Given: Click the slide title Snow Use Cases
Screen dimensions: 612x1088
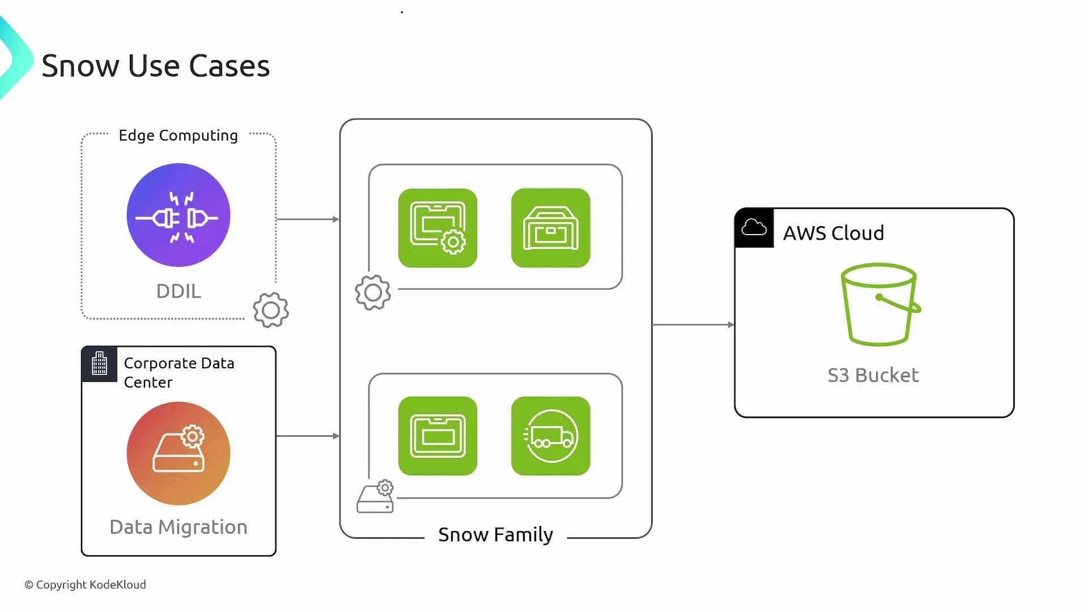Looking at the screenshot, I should click(x=155, y=66).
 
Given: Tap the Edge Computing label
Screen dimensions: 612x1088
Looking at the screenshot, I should click(x=178, y=135).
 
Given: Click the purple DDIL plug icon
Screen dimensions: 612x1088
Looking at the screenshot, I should click(x=178, y=215).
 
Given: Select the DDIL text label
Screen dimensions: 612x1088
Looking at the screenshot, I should click(x=178, y=291).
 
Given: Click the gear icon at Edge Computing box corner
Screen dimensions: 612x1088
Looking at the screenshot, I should click(x=271, y=310).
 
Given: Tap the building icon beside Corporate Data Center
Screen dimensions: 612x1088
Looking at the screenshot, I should click(x=100, y=363).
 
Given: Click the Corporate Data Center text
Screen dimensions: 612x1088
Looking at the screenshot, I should click(x=178, y=372).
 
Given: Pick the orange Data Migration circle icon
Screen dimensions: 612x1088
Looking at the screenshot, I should click(x=178, y=453).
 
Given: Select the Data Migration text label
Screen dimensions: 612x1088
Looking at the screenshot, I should click(x=178, y=527).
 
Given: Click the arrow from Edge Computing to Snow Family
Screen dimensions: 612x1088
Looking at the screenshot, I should click(x=308, y=219).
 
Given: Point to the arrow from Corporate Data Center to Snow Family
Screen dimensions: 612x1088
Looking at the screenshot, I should click(x=308, y=436).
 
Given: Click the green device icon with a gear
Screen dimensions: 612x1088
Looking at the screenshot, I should click(x=437, y=228).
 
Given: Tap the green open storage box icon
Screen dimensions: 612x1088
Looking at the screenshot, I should click(x=550, y=228).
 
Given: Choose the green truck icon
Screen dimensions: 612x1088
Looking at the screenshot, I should click(x=550, y=436).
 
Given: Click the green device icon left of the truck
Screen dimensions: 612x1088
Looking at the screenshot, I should click(x=437, y=436).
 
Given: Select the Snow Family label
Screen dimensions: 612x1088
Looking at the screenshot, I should click(x=495, y=534).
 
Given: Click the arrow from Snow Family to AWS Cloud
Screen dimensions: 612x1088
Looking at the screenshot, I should click(x=692, y=325).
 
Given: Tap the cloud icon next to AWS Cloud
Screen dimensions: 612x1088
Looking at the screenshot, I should click(x=754, y=228).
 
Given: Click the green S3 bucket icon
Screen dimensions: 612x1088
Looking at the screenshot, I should click(x=880, y=304).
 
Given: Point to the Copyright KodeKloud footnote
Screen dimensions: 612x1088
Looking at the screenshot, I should click(x=85, y=584).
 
